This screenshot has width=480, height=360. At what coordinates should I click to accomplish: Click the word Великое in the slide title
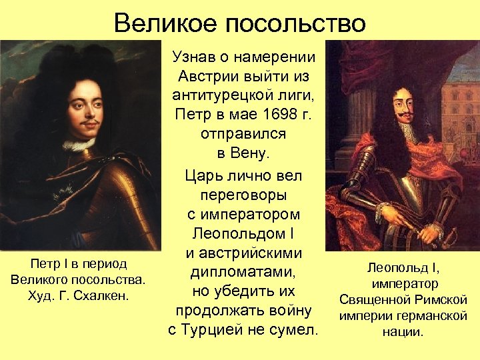167,23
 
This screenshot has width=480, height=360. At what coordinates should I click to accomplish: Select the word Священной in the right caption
375,300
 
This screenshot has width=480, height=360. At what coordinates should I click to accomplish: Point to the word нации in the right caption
403,332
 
